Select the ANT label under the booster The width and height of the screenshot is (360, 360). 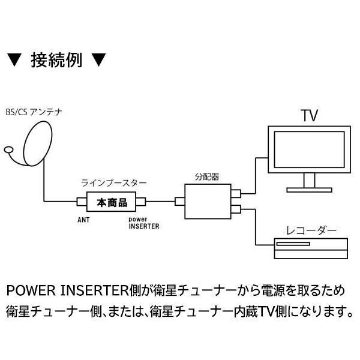[x=83, y=220]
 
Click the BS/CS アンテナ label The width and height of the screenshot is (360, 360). [x=33, y=112]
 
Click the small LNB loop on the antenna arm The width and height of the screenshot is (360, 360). [x=8, y=149]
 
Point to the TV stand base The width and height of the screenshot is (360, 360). [x=310, y=190]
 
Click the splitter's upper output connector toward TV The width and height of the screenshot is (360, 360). [x=237, y=194]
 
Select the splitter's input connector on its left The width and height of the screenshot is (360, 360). [x=179, y=202]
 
